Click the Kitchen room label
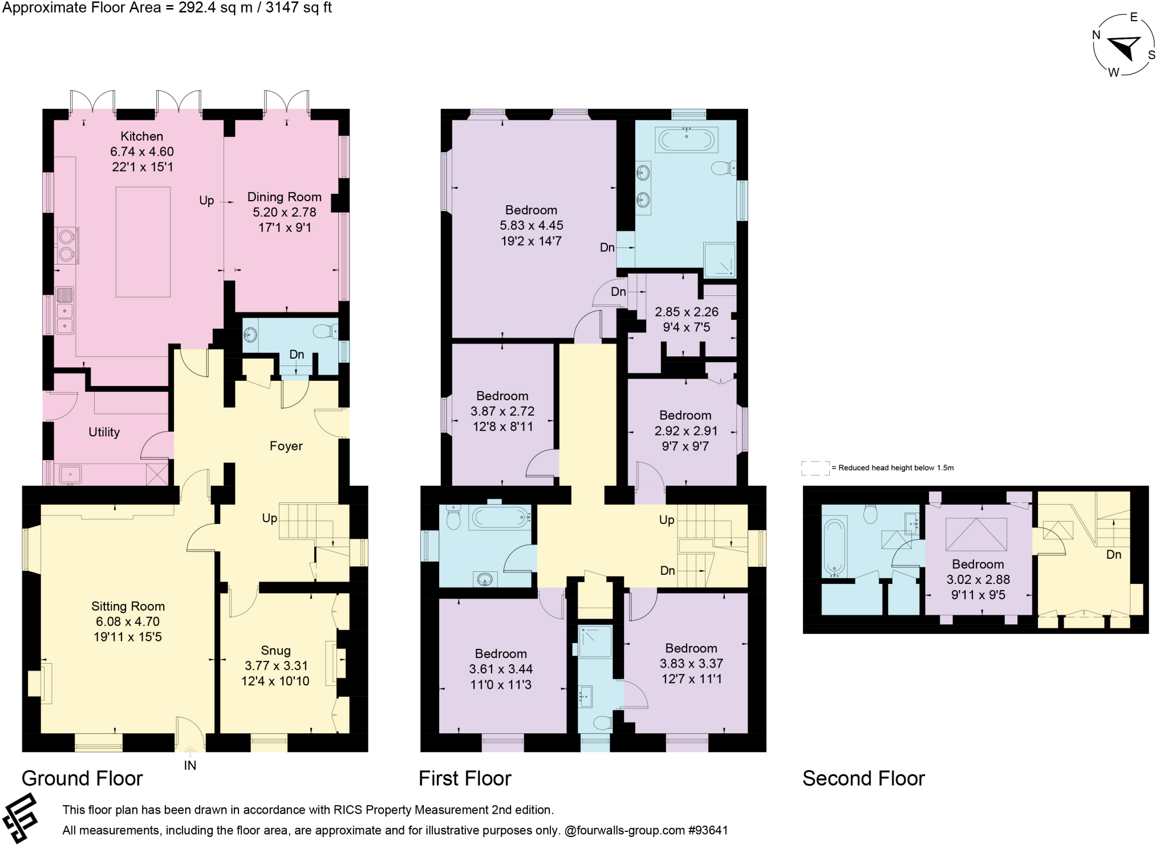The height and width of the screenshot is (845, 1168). pos(141,136)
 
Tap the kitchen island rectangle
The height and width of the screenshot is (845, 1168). pos(143,242)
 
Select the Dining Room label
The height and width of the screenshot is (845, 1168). pos(284,197)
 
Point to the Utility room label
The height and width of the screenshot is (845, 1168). pos(104,432)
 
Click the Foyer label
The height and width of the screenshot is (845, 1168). pos(286,446)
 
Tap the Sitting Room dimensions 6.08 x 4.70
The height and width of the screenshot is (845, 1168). pos(128,622)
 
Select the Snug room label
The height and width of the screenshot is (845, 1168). pos(275,651)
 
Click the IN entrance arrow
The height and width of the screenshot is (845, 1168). pos(190,754)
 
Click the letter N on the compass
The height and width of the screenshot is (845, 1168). pos(1096,35)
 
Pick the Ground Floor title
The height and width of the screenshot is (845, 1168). pos(82,778)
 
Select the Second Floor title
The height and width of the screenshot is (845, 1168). pos(863,778)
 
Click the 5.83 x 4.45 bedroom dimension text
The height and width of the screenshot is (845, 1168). pos(531,226)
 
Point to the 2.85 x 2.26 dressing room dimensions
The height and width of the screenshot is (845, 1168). pos(686,312)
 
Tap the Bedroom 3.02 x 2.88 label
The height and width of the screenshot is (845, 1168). pos(978,564)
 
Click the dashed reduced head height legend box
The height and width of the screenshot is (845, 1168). pos(816,468)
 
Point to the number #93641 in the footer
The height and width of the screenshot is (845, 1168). pos(708,830)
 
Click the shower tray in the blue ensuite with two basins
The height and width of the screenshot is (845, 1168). pos(720,260)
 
